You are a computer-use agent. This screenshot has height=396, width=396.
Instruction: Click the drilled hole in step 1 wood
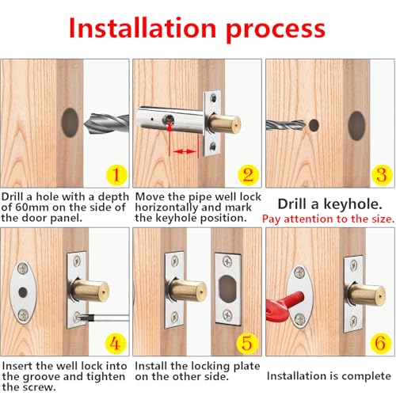[69, 123]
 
